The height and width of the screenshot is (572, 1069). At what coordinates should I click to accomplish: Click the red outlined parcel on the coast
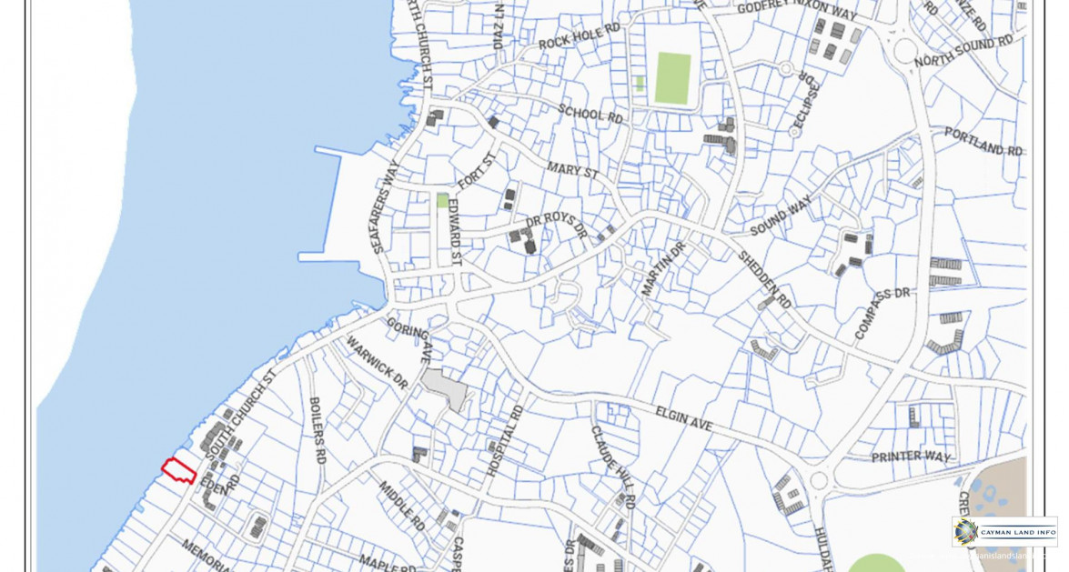(x=179, y=470)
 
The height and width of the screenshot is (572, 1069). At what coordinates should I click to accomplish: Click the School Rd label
(x=590, y=113)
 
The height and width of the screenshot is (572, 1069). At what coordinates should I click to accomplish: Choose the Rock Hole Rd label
(x=579, y=37)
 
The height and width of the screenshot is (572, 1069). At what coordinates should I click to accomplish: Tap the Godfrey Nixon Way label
(x=797, y=12)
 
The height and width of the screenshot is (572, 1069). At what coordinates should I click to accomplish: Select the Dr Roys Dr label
(x=557, y=226)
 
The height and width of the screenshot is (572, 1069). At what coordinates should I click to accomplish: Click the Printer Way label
(x=911, y=456)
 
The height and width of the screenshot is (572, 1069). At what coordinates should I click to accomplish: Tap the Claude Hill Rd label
(x=612, y=466)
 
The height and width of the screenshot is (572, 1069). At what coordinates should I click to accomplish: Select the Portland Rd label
(x=983, y=141)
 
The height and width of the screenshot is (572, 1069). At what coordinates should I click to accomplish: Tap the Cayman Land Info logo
(x=1004, y=531)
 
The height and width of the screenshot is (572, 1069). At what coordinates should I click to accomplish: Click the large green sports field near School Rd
(x=673, y=78)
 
